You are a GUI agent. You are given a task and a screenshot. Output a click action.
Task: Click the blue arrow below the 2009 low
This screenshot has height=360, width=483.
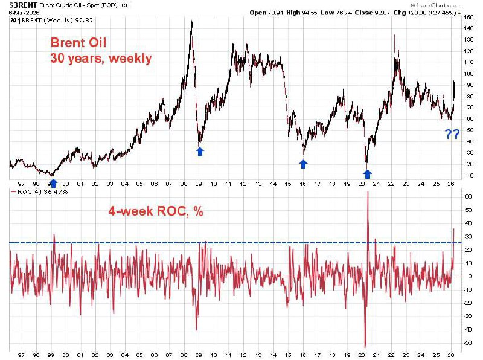click(200, 152)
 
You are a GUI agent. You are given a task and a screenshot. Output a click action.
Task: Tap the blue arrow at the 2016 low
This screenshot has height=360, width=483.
click(304, 164)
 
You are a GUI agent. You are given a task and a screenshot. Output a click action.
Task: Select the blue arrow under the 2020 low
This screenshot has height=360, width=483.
click(367, 174)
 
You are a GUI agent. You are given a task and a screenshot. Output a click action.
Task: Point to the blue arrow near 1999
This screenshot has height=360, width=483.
click(53, 182)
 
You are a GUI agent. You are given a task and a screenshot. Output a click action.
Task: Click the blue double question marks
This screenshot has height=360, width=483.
click(452, 134)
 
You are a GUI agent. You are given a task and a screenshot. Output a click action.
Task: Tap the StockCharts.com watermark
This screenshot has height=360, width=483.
click(441, 5)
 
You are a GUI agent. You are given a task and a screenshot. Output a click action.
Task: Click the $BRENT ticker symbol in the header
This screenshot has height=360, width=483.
click(22, 5)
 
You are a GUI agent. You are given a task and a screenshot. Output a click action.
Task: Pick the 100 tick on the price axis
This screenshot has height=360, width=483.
click(469, 74)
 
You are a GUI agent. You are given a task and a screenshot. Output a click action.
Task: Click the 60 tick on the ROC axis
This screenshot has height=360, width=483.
click(468, 197)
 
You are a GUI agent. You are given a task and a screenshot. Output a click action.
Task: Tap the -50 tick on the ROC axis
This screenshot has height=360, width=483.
click(468, 342)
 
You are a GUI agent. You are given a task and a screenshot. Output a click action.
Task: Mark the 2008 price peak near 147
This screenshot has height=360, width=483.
click(191, 21)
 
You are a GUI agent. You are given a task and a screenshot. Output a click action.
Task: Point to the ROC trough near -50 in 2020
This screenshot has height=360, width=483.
click(365, 346)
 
